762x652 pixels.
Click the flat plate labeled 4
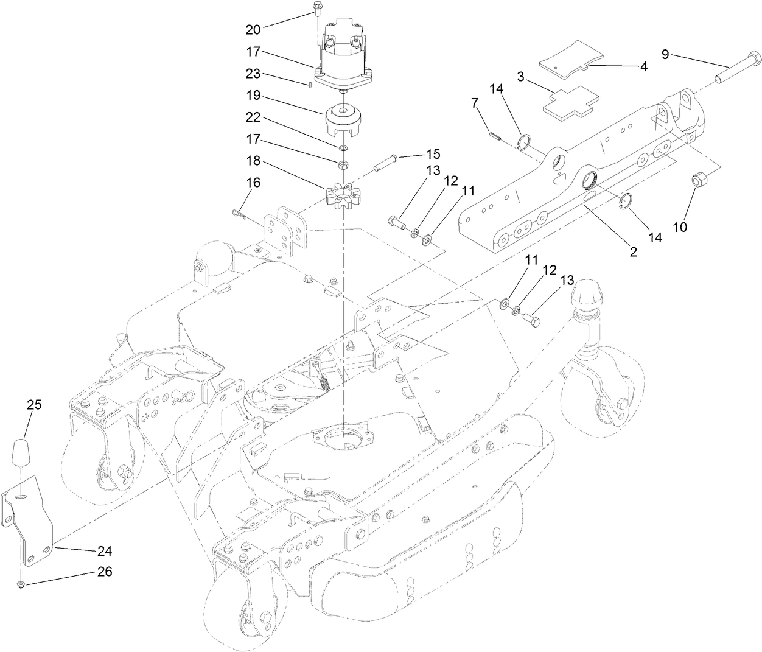565,57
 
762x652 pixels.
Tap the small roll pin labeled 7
494,136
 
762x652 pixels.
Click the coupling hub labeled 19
344,120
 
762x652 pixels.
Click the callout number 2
633,251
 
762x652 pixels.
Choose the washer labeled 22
344,148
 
